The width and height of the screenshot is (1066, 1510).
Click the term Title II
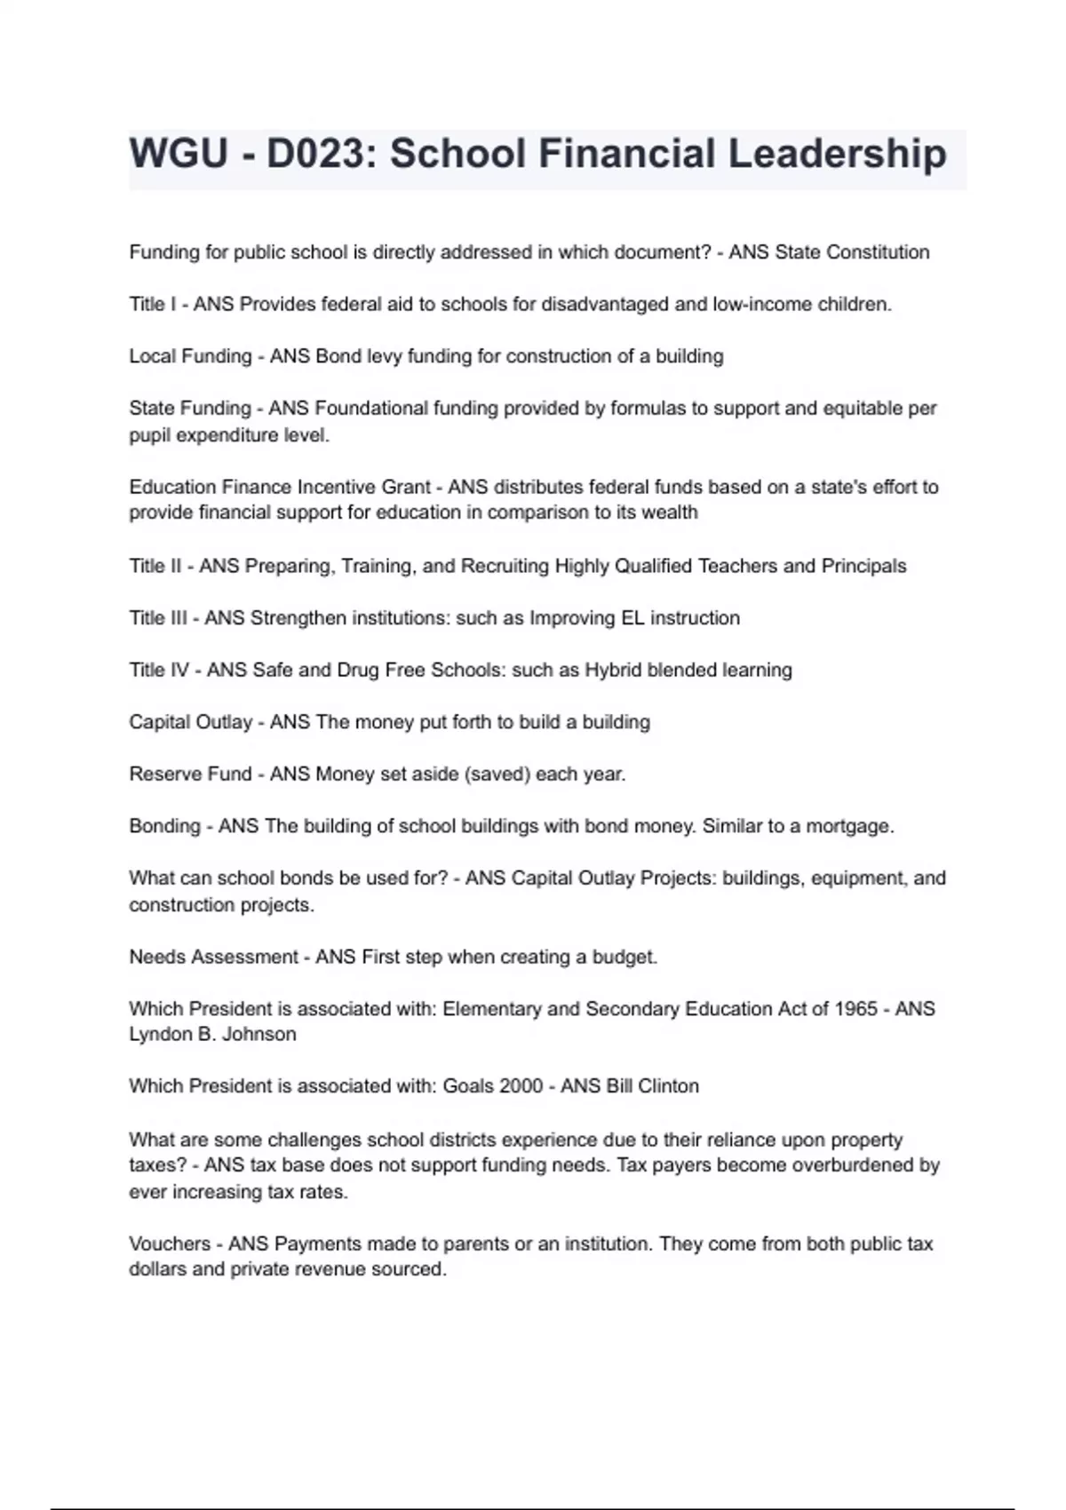[155, 566]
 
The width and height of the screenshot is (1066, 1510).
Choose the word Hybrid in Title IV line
[613, 670]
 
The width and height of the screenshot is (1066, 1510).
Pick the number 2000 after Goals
[519, 1086]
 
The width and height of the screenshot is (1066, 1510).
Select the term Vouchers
[170, 1244]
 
